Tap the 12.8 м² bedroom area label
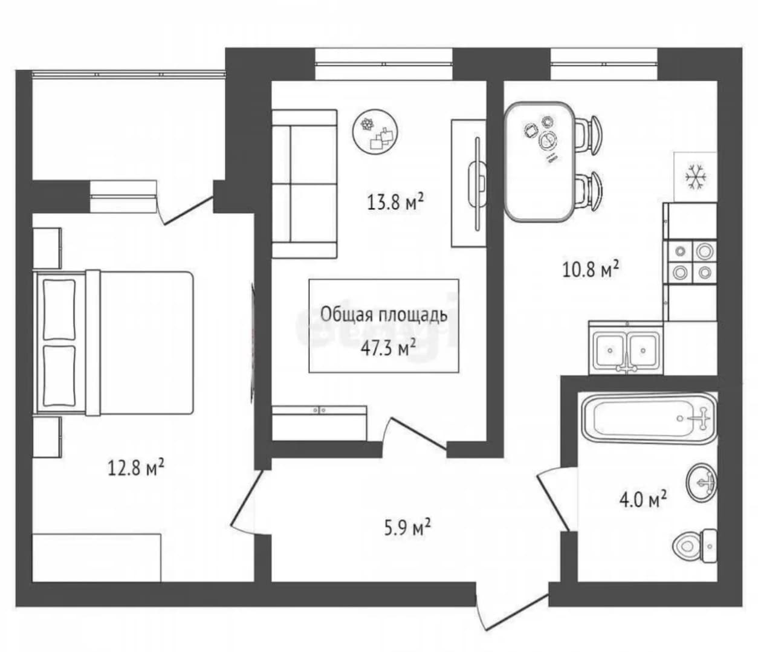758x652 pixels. click(135, 468)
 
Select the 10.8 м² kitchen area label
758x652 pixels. click(591, 270)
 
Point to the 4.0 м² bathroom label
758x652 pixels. click(643, 500)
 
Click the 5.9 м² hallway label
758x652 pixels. click(407, 528)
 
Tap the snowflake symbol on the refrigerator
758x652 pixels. click(696, 177)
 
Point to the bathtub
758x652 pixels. click(649, 418)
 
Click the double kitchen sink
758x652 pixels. click(626, 350)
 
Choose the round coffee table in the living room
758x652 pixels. click(375, 132)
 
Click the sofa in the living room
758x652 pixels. click(305, 184)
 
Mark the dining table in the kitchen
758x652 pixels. click(539, 162)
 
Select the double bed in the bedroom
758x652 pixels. click(113, 344)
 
